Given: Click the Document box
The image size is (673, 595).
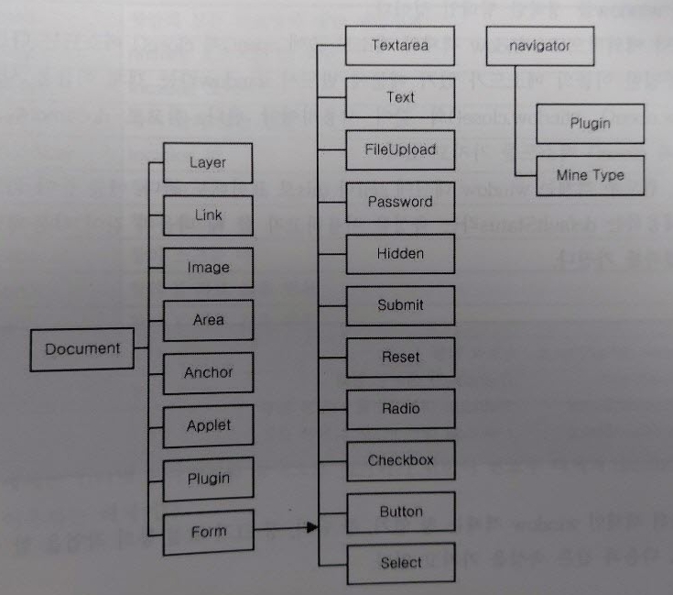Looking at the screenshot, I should (82, 349).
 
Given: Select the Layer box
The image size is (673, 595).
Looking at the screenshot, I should (208, 163).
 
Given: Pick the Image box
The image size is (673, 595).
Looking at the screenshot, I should (208, 269).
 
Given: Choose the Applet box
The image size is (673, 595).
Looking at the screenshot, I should (208, 426).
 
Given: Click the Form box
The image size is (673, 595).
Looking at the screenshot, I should (208, 532).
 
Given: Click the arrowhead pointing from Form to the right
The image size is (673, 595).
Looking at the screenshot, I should (311, 528).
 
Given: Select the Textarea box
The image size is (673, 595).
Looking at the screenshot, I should (400, 44).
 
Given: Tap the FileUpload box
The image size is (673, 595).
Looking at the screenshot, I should (400, 149).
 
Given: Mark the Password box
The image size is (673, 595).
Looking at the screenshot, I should (400, 202).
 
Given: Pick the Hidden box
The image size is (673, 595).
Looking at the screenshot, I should (400, 254).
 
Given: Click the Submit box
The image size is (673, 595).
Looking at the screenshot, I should (400, 305).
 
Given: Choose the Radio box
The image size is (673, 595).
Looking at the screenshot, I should (400, 409).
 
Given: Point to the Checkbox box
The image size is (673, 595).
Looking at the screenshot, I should (400, 461).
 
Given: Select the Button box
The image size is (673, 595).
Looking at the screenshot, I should (400, 512).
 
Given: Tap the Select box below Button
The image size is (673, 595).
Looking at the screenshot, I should (400, 564).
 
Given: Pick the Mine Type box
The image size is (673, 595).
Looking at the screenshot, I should (590, 175).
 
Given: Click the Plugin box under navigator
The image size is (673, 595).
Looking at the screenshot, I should (590, 124).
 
